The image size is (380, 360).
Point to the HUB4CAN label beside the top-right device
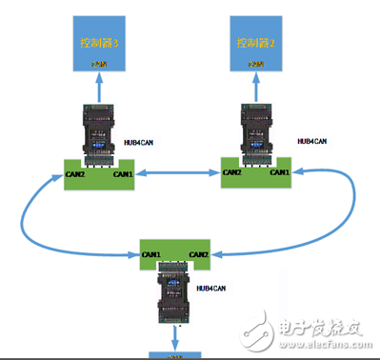click(x=310, y=140)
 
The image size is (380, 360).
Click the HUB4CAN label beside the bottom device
click(x=211, y=288)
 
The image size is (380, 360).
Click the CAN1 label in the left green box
click(x=124, y=174)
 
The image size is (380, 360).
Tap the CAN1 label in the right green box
click(x=278, y=173)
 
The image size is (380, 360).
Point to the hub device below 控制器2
click(x=256, y=134)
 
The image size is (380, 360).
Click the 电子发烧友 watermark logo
click(x=315, y=330)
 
